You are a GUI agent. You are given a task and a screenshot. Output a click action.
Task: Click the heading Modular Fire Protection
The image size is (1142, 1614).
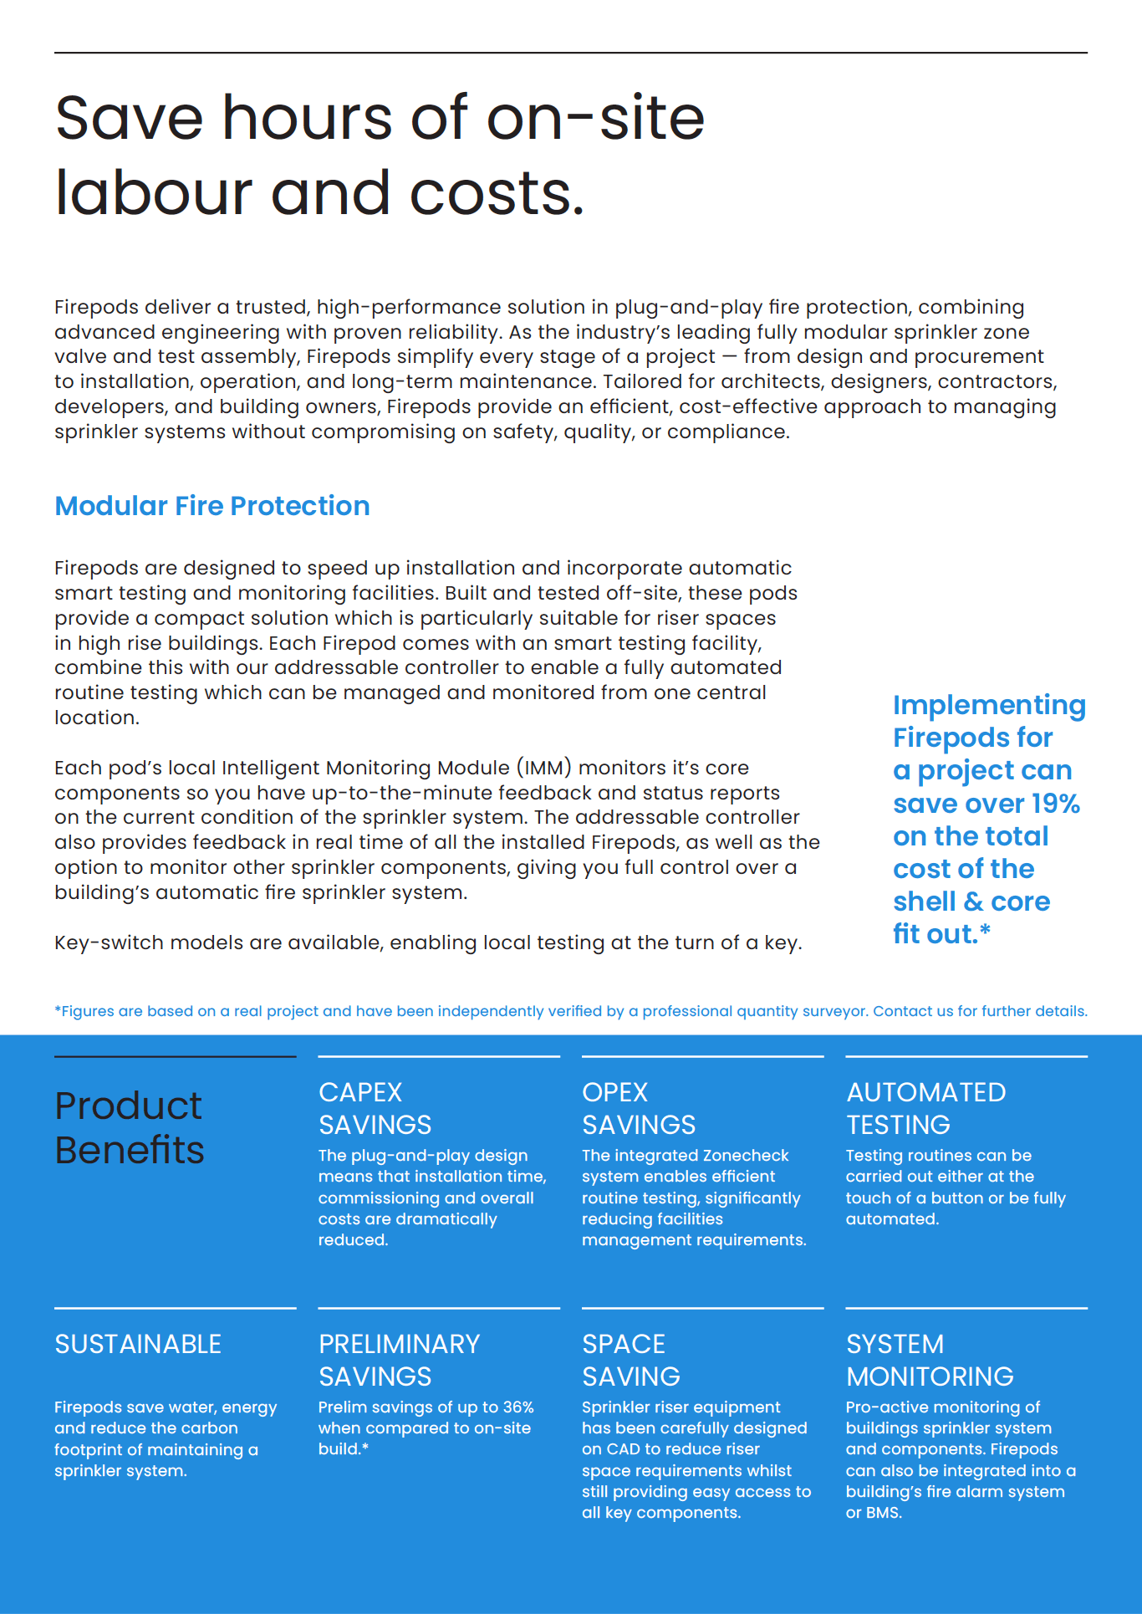212,506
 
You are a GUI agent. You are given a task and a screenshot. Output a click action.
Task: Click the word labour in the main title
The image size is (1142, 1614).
153,192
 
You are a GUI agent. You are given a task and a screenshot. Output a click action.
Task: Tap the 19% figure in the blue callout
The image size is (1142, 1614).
1055,804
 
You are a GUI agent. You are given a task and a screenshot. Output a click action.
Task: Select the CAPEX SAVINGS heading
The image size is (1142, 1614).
375,1108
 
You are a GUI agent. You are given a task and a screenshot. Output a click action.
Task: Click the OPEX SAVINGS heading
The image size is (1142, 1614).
639,1108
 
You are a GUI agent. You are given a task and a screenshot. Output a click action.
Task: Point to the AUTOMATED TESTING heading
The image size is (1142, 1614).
925,1108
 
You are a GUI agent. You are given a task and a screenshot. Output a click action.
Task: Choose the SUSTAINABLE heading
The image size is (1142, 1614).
138,1344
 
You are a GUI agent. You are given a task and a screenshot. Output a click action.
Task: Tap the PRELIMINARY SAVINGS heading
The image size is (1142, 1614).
399,1360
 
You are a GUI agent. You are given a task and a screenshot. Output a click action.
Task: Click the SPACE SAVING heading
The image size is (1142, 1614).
630,1360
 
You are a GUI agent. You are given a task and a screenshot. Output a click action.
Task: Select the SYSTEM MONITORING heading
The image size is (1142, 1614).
929,1360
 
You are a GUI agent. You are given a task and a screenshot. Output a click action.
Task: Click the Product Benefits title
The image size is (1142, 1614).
130,1127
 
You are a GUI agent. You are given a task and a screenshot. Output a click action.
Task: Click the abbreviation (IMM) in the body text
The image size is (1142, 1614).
544,768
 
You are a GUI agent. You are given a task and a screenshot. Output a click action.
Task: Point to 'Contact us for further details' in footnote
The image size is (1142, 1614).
980,1011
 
